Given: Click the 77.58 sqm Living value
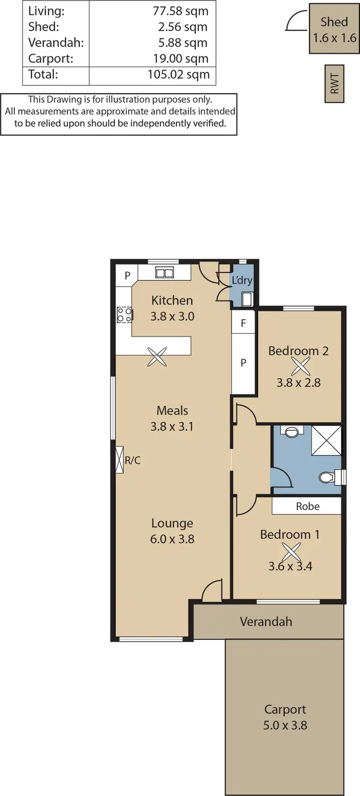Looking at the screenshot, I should [x=180, y=11].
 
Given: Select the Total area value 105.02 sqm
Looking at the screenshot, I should [x=179, y=74].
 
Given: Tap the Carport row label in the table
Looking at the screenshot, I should [x=51, y=59].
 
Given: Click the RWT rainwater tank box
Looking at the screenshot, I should [x=335, y=84].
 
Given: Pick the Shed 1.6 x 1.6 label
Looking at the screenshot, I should [x=335, y=29].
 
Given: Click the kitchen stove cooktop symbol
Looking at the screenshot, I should [x=125, y=315].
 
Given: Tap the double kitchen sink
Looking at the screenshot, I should [x=164, y=273].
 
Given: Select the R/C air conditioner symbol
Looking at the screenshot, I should [x=120, y=460].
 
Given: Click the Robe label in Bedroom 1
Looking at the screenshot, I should [x=307, y=506].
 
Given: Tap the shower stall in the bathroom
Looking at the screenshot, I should [x=326, y=440].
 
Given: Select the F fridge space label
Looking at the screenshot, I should [x=243, y=323].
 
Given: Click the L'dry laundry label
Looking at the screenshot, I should [x=242, y=280].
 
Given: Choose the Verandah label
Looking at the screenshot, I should [x=266, y=622].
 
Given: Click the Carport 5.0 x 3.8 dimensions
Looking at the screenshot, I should [x=285, y=725].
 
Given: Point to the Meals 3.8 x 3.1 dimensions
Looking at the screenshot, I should [x=172, y=426].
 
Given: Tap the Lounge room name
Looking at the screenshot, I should [x=172, y=523].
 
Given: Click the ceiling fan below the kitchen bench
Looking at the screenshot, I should [x=157, y=357].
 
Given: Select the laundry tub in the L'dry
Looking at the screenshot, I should [x=246, y=300].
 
